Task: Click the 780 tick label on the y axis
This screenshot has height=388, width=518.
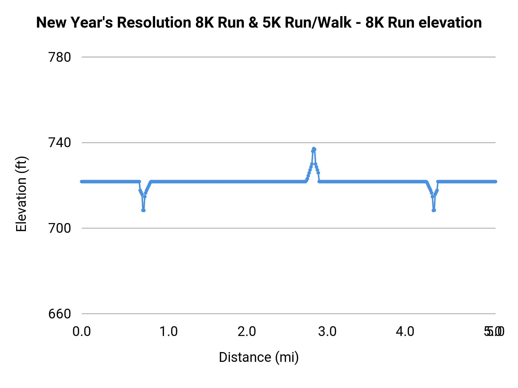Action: (60, 57)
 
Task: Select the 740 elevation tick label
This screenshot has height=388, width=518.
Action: (60, 143)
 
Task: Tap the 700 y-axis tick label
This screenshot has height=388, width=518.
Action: (60, 228)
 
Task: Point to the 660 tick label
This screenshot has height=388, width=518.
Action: (60, 314)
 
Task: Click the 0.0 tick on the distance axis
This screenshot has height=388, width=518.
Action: (82, 332)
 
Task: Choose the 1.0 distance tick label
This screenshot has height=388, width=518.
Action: (168, 332)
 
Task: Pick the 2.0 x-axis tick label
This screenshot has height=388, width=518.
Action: (247, 332)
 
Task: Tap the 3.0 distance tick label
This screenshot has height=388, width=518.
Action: (327, 332)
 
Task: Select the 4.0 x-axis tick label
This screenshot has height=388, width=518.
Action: (405, 332)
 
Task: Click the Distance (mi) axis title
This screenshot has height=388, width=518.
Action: (259, 357)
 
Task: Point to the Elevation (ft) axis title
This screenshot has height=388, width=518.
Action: (21, 194)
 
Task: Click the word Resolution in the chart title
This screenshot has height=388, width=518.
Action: (154, 23)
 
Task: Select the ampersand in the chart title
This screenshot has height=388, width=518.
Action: (253, 23)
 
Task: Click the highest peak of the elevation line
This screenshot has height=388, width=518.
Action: (314, 149)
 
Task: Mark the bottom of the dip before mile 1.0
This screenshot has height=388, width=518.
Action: (143, 210)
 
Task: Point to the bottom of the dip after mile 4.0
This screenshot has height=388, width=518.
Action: (434, 210)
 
